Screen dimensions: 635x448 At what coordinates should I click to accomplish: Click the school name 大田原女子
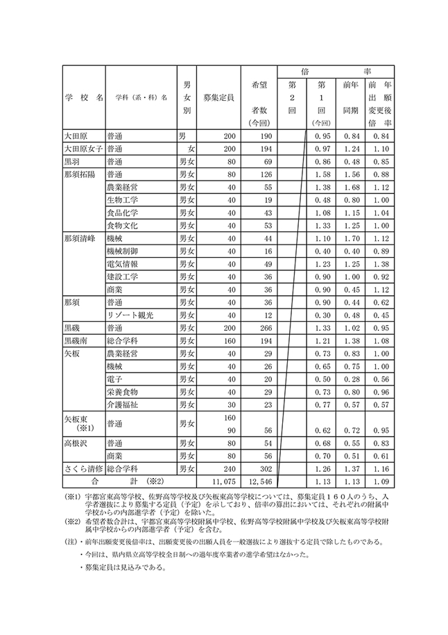point(83,149)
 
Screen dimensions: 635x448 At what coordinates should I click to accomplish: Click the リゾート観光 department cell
point(129,315)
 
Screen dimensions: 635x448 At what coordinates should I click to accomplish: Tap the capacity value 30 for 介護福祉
point(231,404)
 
